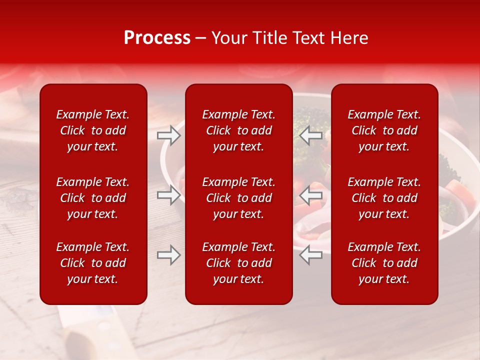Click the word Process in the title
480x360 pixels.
point(157,38)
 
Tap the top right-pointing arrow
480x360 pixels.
point(169,135)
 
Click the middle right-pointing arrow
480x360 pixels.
point(169,194)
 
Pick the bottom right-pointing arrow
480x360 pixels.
point(169,255)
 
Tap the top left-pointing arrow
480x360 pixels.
point(311,135)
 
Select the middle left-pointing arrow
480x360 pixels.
point(311,194)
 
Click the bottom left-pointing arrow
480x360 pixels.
point(311,255)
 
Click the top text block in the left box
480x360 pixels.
point(93,130)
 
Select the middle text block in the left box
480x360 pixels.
point(93,198)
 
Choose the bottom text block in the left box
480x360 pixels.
point(93,263)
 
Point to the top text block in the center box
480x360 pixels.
point(239,130)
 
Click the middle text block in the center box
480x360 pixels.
point(239,198)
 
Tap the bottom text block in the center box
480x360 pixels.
point(239,263)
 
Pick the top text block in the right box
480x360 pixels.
point(384,130)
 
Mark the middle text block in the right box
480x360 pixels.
point(384,198)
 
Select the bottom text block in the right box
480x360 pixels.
point(384,263)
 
